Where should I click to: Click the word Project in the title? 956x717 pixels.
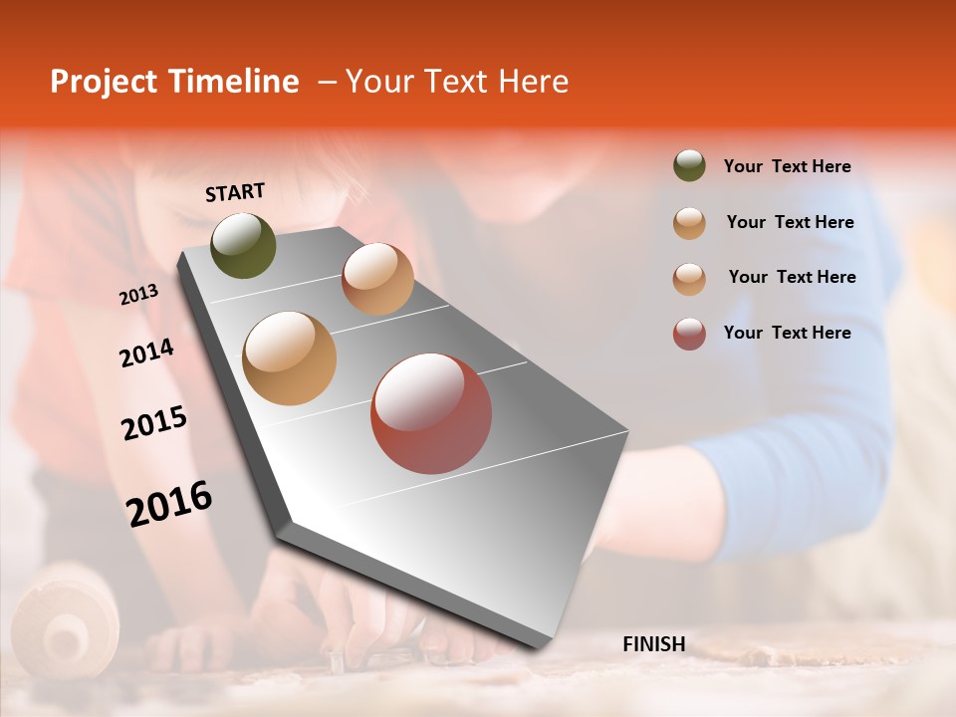(x=103, y=82)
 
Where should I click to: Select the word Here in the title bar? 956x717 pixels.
(x=532, y=82)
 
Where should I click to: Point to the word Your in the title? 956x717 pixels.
(x=379, y=82)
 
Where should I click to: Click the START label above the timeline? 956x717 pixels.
(x=235, y=192)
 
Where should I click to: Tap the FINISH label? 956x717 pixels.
(x=654, y=644)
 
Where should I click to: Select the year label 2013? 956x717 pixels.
(x=138, y=295)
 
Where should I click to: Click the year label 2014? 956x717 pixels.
(x=146, y=353)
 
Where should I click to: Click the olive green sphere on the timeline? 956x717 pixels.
(x=244, y=246)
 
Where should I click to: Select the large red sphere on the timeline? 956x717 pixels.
(x=431, y=413)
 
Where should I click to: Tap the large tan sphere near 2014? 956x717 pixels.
(x=290, y=358)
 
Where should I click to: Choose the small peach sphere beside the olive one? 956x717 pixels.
(x=377, y=279)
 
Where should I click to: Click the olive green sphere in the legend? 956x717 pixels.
(x=689, y=166)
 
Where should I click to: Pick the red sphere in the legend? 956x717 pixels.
(x=689, y=334)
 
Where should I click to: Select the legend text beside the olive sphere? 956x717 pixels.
(x=787, y=166)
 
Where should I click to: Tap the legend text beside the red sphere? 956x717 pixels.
(x=787, y=333)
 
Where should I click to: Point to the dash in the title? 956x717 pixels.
(x=326, y=82)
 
